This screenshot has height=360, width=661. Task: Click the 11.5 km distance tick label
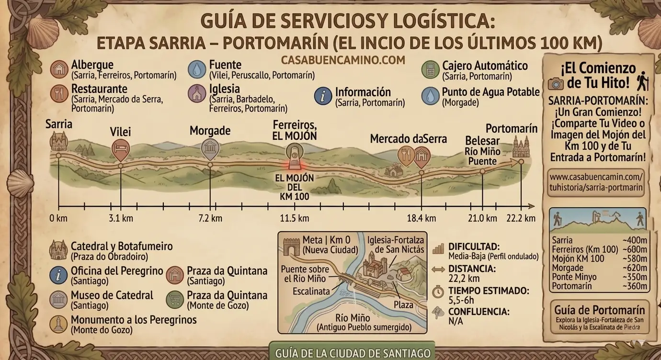294,218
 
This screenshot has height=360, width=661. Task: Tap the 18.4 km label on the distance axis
422,218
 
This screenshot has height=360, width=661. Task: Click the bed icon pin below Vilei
120,149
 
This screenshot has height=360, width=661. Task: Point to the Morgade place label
210,131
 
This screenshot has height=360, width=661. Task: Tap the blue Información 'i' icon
323,96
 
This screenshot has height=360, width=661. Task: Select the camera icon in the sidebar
556,83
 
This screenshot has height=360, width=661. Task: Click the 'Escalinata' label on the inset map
311,292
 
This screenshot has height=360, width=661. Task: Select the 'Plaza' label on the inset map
403,305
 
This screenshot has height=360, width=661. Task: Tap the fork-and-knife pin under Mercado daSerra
405,155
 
